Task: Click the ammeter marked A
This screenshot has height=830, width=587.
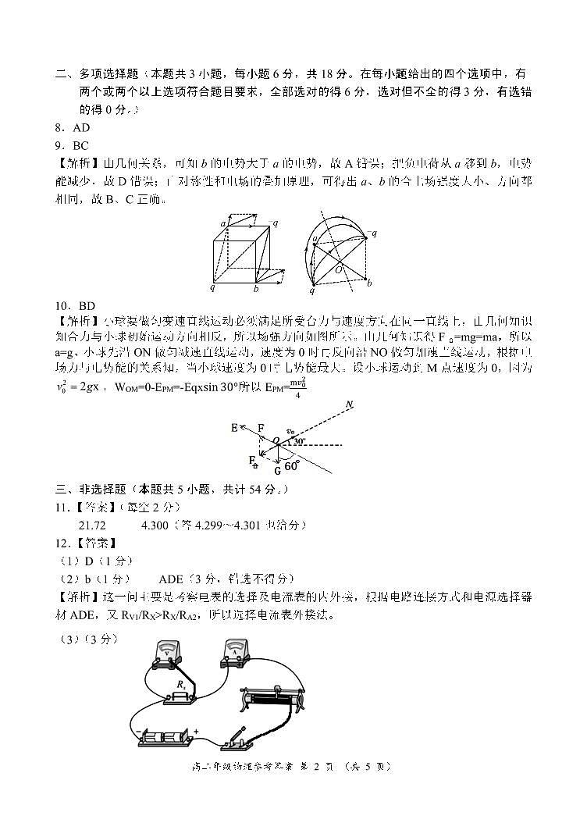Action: point(235,650)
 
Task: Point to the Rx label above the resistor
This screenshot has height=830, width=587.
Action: point(181,684)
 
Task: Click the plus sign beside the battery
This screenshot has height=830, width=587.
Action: point(196,731)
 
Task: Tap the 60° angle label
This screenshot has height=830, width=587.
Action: point(292,466)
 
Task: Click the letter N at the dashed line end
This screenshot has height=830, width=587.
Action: point(349,404)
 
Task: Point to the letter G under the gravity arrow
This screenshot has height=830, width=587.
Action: point(277,471)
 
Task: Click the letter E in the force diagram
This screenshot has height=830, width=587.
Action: point(234,427)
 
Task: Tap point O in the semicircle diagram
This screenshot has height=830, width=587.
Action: point(338,269)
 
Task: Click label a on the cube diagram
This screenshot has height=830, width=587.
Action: point(222,224)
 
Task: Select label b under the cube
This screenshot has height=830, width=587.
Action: point(255,290)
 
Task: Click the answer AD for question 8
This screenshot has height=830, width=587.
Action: point(81,127)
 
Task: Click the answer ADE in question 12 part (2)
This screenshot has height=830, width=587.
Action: point(171,579)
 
